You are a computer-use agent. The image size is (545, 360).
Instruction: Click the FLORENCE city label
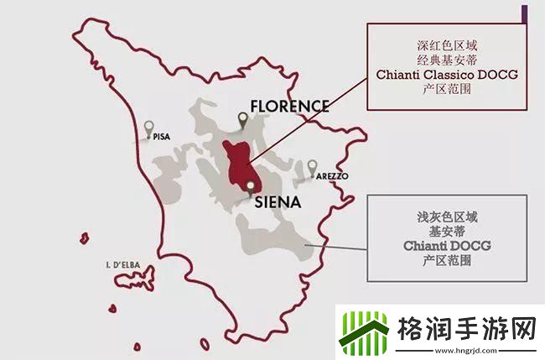(x=288, y=107)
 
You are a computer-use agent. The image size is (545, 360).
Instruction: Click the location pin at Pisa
(x=149, y=128)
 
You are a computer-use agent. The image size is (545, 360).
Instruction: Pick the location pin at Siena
(x=250, y=187)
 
